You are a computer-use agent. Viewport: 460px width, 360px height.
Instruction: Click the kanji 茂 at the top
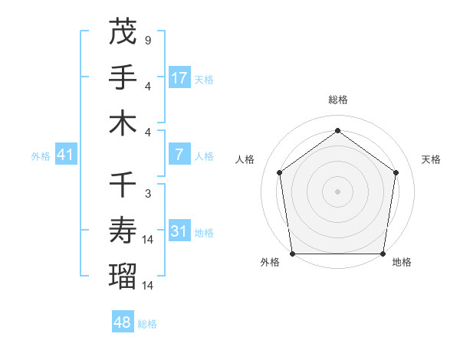point(123,32)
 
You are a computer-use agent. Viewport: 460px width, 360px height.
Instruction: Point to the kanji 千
point(123,185)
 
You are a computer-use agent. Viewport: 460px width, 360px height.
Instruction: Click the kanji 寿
point(123,231)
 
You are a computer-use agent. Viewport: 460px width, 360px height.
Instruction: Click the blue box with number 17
point(179,78)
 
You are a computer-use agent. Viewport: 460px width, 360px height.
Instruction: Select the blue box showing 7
point(179,155)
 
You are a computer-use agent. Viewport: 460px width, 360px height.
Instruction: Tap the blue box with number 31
point(179,231)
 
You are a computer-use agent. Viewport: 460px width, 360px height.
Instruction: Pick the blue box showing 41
point(65,155)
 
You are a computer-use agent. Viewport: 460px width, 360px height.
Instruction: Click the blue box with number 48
point(123,322)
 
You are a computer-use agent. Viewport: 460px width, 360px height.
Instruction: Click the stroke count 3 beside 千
point(147,194)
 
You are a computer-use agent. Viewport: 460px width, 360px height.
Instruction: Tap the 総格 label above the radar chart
point(337,100)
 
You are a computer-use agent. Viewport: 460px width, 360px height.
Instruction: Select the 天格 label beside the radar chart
point(432,159)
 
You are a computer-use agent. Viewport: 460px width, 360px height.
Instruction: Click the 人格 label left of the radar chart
point(245,159)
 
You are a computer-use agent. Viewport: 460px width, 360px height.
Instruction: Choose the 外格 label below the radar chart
point(269,263)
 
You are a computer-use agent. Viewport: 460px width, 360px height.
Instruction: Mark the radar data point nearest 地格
point(383,254)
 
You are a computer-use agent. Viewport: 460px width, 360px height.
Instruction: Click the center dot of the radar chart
point(337,191)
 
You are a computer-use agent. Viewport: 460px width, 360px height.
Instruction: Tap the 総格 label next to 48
point(147,324)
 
